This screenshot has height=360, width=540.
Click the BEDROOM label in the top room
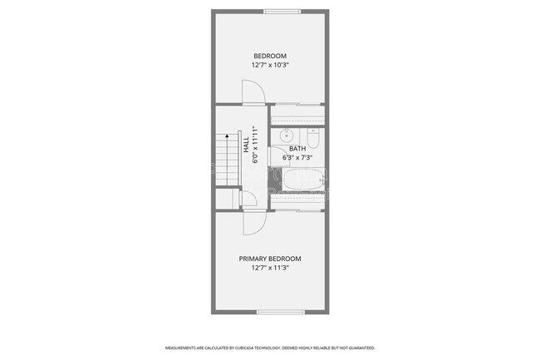269,56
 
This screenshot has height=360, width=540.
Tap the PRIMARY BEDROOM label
269,259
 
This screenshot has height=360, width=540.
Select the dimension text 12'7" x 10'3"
269,65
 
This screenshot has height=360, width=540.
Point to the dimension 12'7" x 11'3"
269,268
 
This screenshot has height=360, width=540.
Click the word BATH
297,149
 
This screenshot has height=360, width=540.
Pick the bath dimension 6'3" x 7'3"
297,157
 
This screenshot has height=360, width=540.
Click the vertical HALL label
246,145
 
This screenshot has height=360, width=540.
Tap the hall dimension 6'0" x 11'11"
255,145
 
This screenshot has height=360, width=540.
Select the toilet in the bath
313,137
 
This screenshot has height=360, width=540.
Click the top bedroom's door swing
253,93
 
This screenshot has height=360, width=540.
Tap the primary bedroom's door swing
253,221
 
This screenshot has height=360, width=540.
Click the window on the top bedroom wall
282,11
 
